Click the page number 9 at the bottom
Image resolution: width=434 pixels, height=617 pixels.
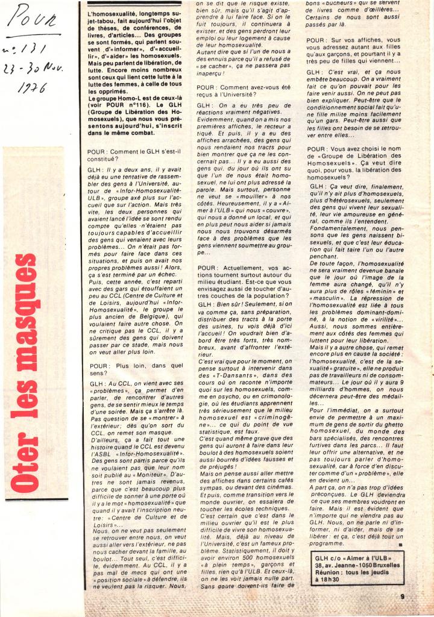(x=401, y=597)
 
